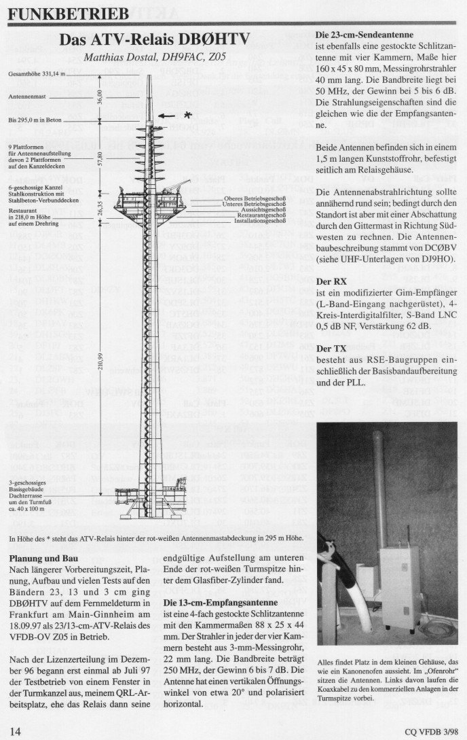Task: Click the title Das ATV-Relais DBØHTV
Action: pos(155,39)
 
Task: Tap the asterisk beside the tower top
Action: pos(187,115)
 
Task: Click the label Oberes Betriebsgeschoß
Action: pos(255,198)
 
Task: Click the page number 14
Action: pos(16,731)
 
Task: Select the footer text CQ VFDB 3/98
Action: pos(430,732)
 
